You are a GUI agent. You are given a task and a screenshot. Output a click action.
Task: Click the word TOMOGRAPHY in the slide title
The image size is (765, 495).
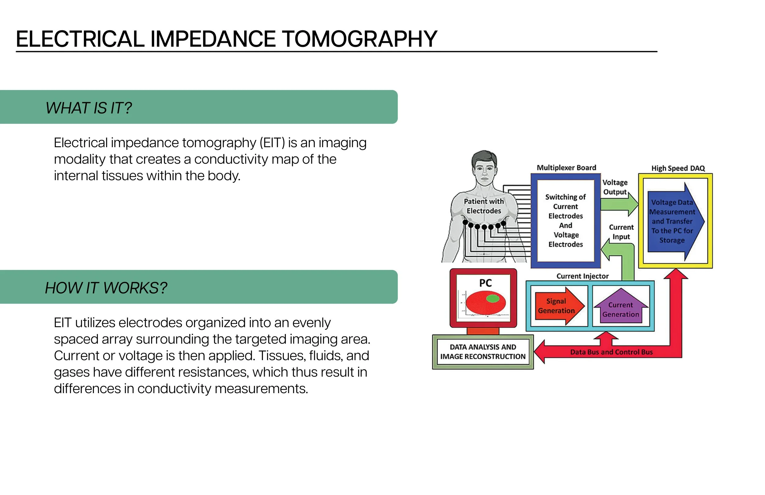pos(359,39)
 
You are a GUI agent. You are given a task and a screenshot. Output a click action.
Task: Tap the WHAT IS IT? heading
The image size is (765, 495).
pos(89,108)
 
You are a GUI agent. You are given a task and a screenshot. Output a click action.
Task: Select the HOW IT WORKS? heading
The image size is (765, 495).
pos(106,288)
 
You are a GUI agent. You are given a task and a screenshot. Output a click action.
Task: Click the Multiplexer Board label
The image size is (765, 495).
pos(566,168)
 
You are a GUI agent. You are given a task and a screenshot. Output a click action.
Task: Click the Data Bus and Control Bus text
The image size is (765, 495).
pos(611,352)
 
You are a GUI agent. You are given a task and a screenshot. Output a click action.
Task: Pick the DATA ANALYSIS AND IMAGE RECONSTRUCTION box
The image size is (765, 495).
pos(483,352)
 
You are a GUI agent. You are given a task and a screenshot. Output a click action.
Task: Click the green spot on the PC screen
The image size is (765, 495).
pos(493,299)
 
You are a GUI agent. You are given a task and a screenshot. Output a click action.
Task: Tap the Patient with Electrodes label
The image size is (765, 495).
pos(484,206)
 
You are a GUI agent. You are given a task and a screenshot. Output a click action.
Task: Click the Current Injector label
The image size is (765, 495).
pos(582,277)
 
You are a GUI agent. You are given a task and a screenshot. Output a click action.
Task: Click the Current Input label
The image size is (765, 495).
pos(621,232)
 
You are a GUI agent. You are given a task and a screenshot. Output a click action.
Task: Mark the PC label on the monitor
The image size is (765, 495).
pos(485,283)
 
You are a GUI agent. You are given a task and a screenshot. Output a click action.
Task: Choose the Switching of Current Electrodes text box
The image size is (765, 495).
pos(566,221)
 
